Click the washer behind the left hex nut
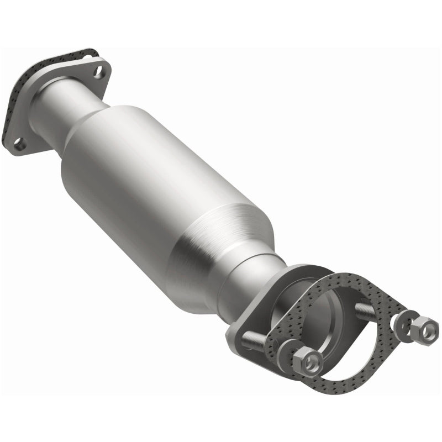(289, 351)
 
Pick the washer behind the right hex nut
(406, 320)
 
